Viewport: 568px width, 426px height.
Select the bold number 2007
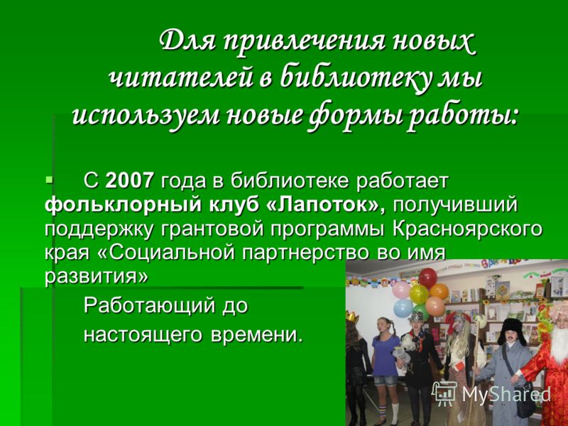click(130, 180)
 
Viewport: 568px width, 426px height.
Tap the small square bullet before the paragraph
click(49, 179)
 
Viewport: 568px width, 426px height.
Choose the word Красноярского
click(468, 229)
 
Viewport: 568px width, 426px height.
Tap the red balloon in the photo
click(428, 278)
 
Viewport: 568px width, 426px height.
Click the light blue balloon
click(403, 308)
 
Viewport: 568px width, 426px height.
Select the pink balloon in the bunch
click(402, 290)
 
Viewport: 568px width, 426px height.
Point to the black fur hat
click(512, 332)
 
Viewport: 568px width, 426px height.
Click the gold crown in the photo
click(351, 317)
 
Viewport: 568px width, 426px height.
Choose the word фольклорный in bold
click(122, 205)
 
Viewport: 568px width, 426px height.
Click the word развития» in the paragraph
click(97, 276)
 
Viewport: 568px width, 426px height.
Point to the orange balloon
click(439, 291)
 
